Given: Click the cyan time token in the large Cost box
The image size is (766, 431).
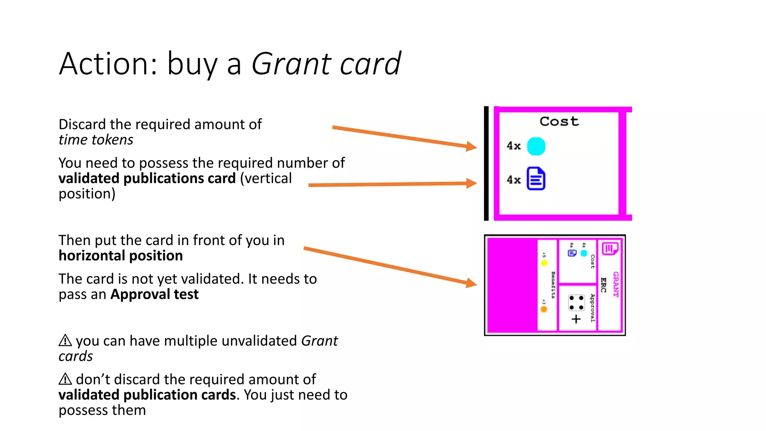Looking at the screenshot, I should [x=536, y=146].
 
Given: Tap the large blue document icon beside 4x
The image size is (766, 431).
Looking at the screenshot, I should [x=536, y=178].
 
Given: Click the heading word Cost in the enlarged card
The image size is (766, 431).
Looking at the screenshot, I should [x=559, y=121].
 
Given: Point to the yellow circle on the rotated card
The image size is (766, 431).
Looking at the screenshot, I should [x=544, y=263].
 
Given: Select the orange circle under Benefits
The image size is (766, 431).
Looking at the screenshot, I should [x=544, y=309].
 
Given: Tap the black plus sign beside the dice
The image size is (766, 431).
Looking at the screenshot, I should [x=576, y=319].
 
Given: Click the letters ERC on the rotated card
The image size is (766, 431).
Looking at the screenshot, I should [x=603, y=285].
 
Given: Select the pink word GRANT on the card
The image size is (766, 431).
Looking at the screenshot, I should [x=615, y=284].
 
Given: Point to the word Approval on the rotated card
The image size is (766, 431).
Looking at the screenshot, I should [x=592, y=308].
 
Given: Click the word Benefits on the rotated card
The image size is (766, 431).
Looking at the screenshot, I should [x=553, y=285].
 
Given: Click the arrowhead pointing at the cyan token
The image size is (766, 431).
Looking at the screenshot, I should [x=471, y=146].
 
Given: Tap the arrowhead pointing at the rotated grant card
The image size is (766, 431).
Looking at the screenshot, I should [x=471, y=283].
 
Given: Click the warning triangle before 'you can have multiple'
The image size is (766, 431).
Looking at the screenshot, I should [x=65, y=340].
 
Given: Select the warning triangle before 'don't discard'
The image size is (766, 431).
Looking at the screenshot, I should [x=65, y=379].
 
